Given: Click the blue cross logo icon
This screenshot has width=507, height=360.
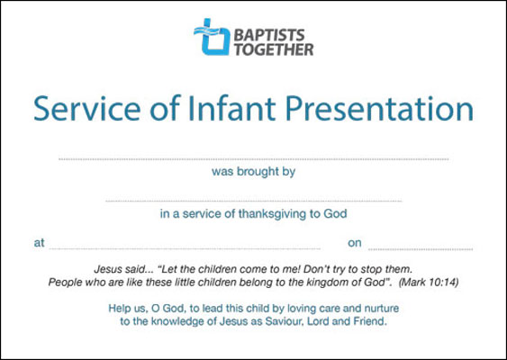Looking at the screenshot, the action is click(x=212, y=37).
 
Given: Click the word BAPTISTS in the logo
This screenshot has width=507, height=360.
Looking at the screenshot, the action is click(x=269, y=35).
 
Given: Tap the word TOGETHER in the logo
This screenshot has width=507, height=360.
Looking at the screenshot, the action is click(x=274, y=49).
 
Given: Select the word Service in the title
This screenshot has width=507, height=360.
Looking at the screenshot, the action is click(x=87, y=109).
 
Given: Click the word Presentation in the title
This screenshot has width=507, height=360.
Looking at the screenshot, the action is click(x=379, y=109).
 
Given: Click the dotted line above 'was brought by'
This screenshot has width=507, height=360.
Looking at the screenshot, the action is click(x=254, y=159).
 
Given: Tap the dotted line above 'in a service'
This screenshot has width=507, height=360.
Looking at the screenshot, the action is click(x=254, y=201).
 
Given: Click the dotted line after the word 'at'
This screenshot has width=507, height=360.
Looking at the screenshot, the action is click(x=185, y=248).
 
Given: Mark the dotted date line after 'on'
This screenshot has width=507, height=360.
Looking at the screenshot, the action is click(x=421, y=249).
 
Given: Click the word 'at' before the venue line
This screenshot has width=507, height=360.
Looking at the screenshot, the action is click(x=39, y=243).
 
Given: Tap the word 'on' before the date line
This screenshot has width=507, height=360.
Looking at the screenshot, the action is click(x=355, y=243).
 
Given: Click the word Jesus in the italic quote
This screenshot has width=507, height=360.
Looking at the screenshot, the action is click(x=104, y=269).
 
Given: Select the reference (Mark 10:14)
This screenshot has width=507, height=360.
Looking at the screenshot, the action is click(x=429, y=283).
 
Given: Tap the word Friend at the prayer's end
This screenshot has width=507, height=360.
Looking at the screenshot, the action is click(x=370, y=321).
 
